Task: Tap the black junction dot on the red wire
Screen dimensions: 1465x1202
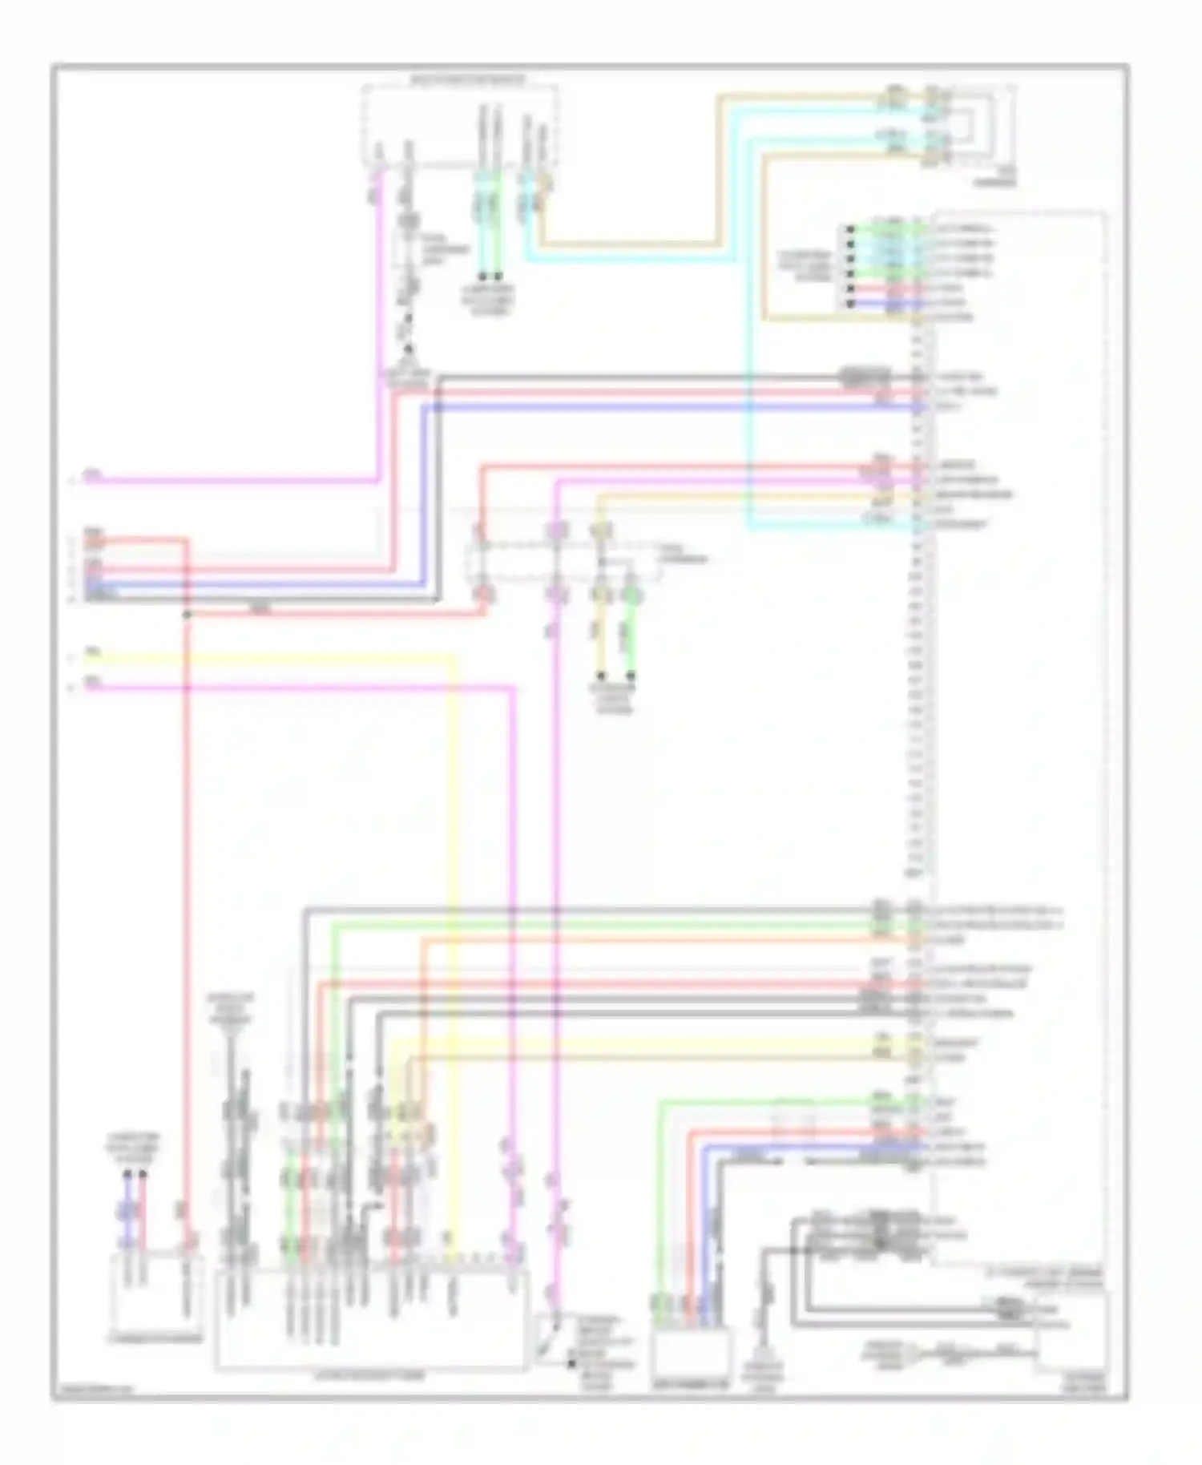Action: tap(187, 615)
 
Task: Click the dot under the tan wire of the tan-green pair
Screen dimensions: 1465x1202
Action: tap(600, 676)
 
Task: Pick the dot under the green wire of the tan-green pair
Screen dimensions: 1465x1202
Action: tap(631, 676)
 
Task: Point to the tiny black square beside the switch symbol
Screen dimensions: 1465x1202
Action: tap(571, 1362)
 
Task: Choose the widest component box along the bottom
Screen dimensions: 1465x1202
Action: tap(371, 1318)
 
